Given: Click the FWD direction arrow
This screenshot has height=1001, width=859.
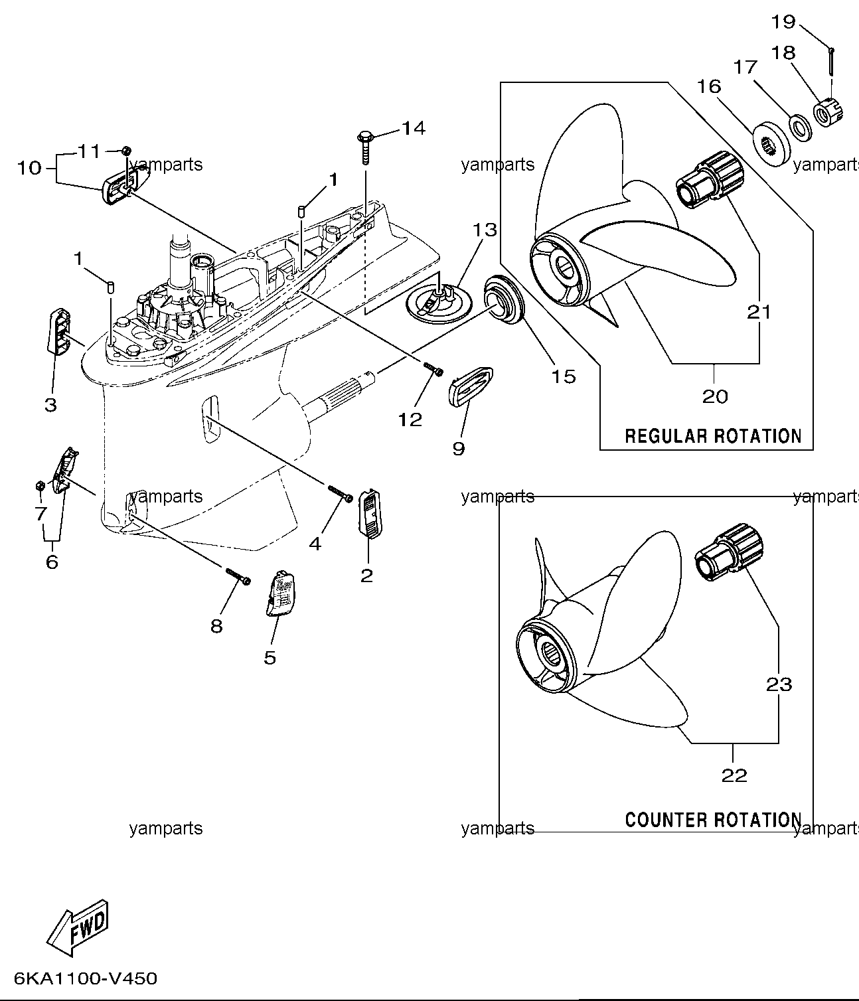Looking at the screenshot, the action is (x=78, y=928).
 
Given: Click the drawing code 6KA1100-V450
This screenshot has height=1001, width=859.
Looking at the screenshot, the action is (x=86, y=978).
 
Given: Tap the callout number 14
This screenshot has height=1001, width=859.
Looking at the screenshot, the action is (x=414, y=128).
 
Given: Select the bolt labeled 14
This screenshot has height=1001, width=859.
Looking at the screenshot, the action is (x=365, y=147).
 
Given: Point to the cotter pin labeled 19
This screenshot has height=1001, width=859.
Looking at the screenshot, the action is (x=831, y=62).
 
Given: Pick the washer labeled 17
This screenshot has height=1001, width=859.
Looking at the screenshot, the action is (x=801, y=128).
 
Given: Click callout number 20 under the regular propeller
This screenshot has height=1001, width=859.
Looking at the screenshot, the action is (x=715, y=397).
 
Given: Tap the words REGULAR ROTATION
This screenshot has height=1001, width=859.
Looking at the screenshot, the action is (x=713, y=436).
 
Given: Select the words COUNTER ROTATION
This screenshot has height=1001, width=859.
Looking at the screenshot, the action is (x=713, y=820).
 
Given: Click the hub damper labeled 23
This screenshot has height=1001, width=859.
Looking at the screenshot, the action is (x=729, y=552).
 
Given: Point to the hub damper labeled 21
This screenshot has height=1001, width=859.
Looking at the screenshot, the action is (x=710, y=180).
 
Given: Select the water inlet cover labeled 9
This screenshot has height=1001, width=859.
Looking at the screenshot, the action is (x=471, y=386).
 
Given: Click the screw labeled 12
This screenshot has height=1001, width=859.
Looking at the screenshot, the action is (x=433, y=370).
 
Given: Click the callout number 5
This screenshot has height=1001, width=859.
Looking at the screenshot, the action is (x=270, y=658).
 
